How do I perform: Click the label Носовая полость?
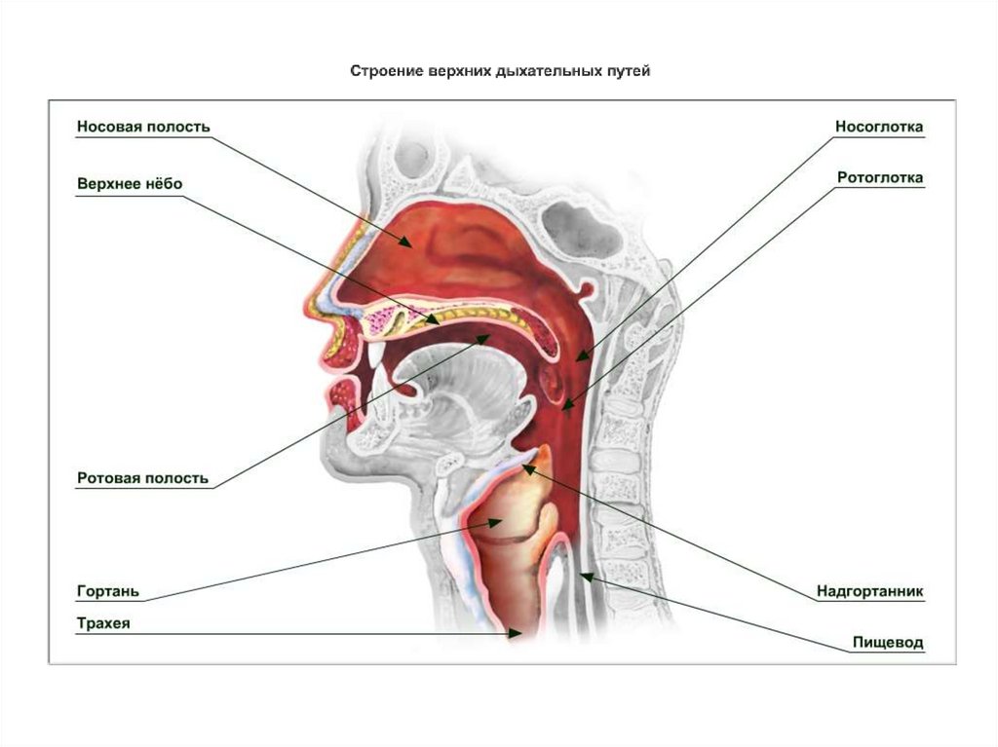[142, 127]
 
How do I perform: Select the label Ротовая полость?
[142, 478]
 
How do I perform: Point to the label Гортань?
[108, 591]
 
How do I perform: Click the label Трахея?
[103, 623]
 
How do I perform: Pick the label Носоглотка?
[878, 127]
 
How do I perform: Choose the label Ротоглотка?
[880, 178]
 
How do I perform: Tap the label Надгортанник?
[869, 591]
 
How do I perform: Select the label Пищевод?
[887, 643]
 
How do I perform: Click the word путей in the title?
[626, 71]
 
